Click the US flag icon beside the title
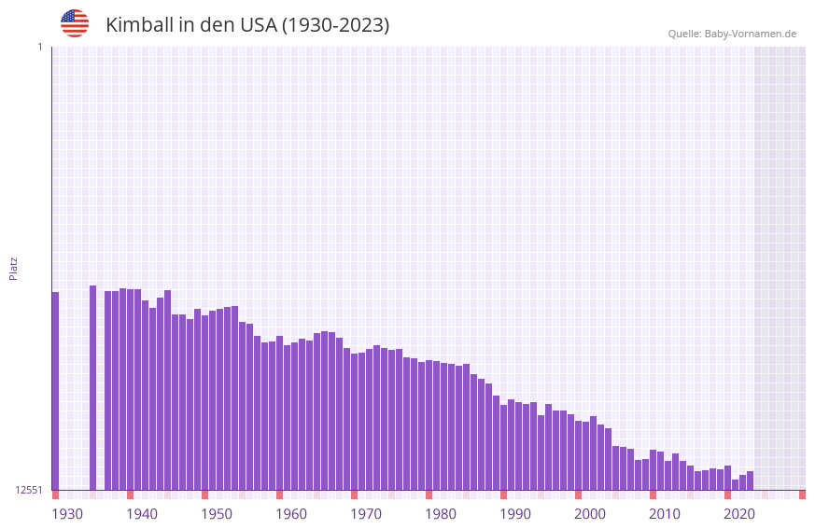pyautogui.click(x=75, y=23)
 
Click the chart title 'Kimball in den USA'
pyautogui.click(x=247, y=25)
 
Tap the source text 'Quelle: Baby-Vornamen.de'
pyautogui.click(x=732, y=34)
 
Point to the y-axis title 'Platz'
pyautogui.click(x=13, y=268)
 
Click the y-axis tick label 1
pyautogui.click(x=39, y=47)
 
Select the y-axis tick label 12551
pyautogui.click(x=29, y=490)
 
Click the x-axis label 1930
pyautogui.click(x=67, y=513)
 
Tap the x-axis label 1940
pyautogui.click(x=142, y=513)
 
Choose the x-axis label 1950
pyautogui.click(x=217, y=513)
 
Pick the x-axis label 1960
pyautogui.click(x=291, y=513)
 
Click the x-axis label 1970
pyautogui.click(x=366, y=513)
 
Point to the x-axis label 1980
pyautogui.click(x=441, y=513)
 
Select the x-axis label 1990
pyautogui.click(x=515, y=513)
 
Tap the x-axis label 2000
pyautogui.click(x=590, y=513)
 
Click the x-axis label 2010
pyautogui.click(x=665, y=513)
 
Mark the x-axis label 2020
pyautogui.click(x=739, y=513)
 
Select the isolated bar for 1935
pyautogui.click(x=92, y=387)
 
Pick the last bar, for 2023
pyautogui.click(x=750, y=480)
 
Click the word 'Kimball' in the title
pyautogui.click(x=141, y=25)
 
